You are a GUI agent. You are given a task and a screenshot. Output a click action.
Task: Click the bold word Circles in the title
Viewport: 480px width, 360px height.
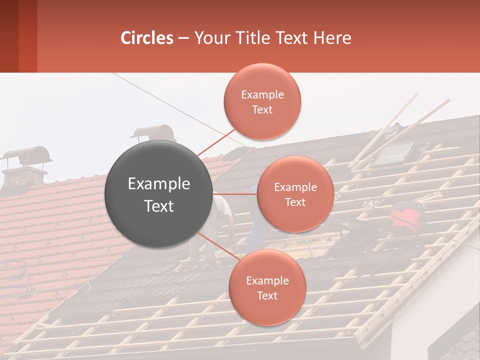[x=147, y=38]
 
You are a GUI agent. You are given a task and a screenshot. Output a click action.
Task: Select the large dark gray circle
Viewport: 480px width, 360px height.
[x=159, y=194]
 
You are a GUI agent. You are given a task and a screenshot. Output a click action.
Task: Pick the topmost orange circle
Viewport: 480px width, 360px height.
[x=262, y=101]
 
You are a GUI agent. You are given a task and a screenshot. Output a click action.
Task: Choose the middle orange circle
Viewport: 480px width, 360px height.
[x=295, y=194]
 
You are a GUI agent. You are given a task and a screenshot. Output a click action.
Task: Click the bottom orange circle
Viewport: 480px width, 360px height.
[x=267, y=287]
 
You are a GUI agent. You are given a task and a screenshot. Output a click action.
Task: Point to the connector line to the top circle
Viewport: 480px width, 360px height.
[x=216, y=142]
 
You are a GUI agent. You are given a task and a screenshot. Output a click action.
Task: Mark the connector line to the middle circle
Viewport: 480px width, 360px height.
[x=235, y=194]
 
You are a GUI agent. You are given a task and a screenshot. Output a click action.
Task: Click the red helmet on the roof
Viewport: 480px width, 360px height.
[x=406, y=216]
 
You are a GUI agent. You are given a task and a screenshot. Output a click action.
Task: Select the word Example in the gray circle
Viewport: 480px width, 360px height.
[x=159, y=184]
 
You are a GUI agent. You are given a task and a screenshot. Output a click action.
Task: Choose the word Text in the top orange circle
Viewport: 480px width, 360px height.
[x=262, y=110]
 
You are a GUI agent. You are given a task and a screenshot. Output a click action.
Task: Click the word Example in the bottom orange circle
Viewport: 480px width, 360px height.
[x=267, y=280]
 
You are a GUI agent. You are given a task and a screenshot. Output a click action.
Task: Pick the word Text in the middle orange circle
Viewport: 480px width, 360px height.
[x=295, y=202]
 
